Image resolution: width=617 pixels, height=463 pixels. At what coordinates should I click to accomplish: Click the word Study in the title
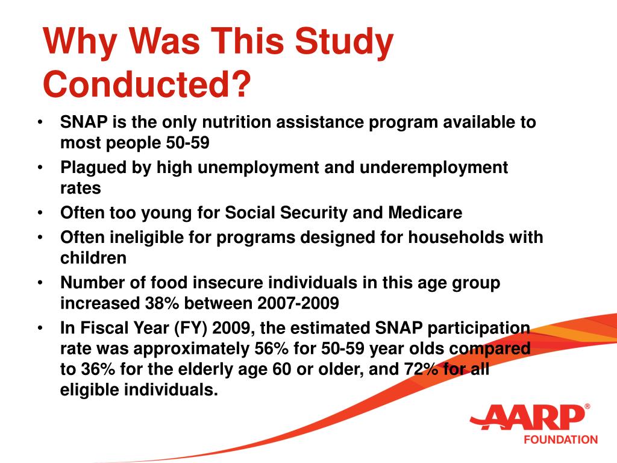[344, 42]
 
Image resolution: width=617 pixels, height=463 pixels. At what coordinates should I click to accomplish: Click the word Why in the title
[80, 42]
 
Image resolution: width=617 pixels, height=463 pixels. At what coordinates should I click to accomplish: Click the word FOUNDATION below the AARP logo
[561, 439]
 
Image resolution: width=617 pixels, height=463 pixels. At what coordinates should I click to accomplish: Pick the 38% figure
[161, 303]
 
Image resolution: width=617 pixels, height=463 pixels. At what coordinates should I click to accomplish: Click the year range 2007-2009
[298, 303]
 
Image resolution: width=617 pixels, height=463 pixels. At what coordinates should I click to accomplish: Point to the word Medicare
[425, 213]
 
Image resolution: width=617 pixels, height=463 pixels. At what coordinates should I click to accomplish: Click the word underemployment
[434, 168]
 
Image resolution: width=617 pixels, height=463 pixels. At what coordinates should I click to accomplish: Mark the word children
[93, 258]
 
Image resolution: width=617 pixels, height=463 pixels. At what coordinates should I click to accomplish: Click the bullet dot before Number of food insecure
[40, 283]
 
